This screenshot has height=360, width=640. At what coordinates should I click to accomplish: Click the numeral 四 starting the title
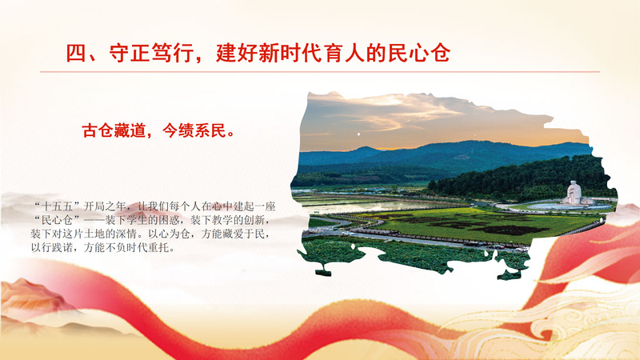76,53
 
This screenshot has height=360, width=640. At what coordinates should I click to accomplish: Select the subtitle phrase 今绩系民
194,130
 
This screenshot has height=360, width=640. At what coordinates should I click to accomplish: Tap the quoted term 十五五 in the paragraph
56,206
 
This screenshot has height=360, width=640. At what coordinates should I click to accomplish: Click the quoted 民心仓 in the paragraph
56,221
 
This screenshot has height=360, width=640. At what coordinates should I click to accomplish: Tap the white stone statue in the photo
574,192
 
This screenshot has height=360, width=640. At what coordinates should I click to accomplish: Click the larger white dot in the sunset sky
358,134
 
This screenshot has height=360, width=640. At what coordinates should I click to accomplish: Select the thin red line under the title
319,72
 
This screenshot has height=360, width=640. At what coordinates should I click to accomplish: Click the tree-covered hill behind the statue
522,179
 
